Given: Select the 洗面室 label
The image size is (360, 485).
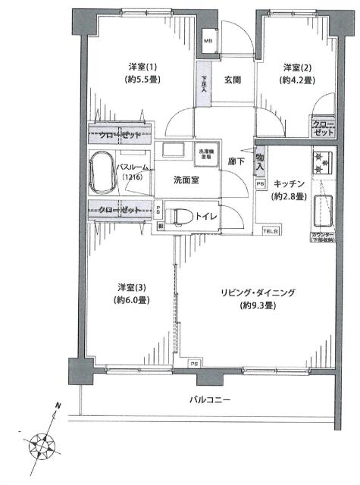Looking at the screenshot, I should click(x=186, y=180).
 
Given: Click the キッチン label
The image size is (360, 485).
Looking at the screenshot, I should click(x=289, y=184).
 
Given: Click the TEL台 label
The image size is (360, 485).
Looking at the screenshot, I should click(x=271, y=230).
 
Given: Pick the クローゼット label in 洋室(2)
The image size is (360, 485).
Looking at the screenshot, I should click(x=324, y=128).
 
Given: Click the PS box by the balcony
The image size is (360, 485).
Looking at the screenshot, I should click(x=195, y=364).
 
